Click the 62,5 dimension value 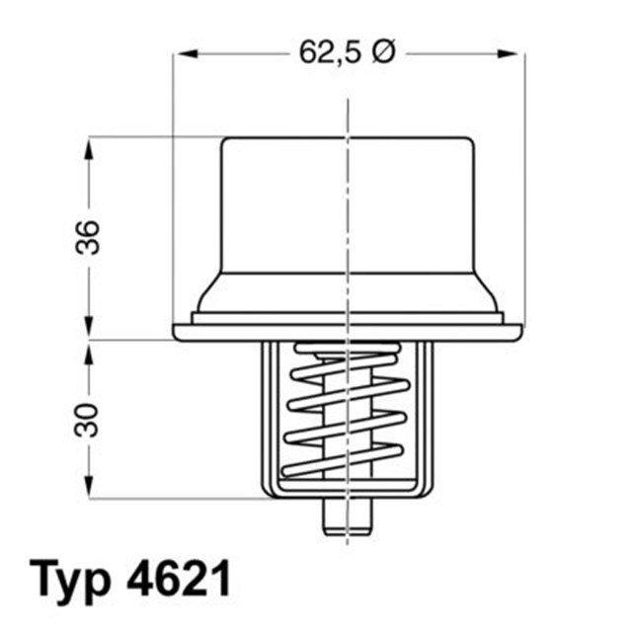click(x=331, y=54)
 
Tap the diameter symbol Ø click(x=382, y=54)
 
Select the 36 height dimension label click(x=90, y=237)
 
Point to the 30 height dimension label click(x=90, y=419)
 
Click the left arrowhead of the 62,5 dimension click(x=182, y=54)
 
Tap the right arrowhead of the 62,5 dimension click(x=516, y=54)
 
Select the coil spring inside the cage click(x=347, y=415)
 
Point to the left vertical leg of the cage click(x=267, y=415)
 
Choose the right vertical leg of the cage click(x=427, y=415)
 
